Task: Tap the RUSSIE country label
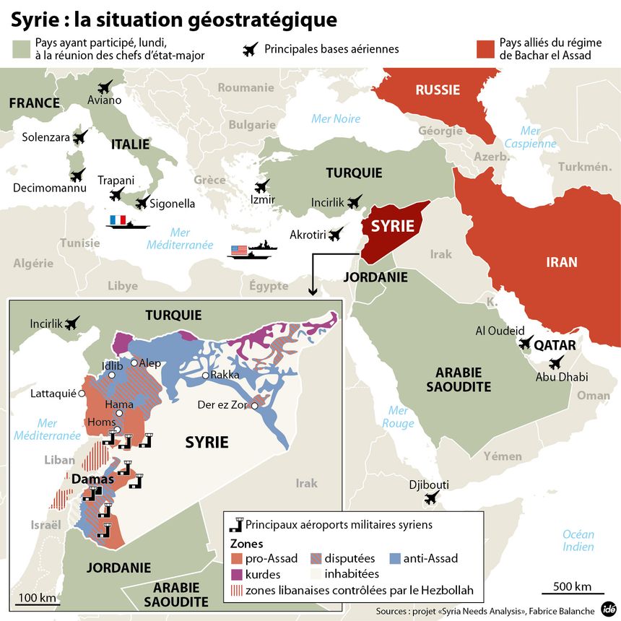(437, 90)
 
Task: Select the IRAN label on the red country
(561, 261)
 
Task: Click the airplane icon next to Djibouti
(433, 497)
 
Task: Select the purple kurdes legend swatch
(237, 574)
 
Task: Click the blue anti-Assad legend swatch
(394, 558)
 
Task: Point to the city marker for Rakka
(206, 375)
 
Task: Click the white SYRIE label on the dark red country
(392, 226)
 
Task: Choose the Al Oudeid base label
(500, 331)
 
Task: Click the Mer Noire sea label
(335, 118)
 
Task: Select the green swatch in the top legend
(22, 49)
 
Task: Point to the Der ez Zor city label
(222, 405)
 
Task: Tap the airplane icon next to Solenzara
(79, 136)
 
